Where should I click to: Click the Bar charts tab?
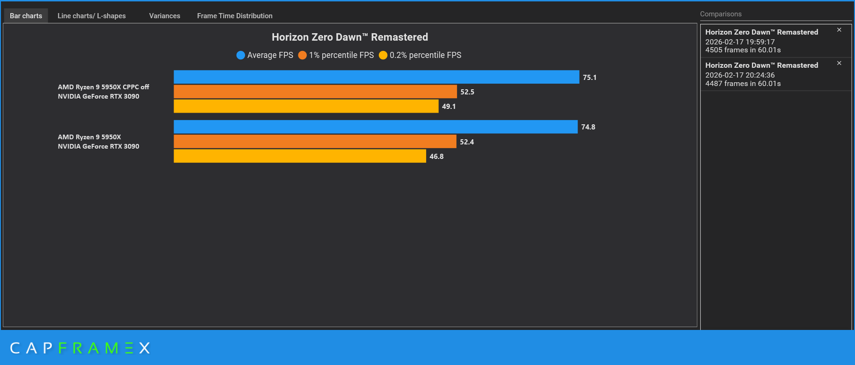pos(26,16)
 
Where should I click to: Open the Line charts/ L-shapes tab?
pos(92,16)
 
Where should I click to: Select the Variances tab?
pos(165,16)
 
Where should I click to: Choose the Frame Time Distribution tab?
pos(235,16)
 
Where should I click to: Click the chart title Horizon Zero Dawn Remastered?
pos(350,37)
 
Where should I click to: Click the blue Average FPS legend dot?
pos(241,55)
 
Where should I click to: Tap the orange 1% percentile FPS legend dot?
pos(303,55)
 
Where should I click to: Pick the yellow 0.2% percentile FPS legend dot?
pos(383,55)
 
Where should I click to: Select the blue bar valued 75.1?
pos(377,77)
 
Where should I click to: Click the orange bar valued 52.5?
pos(315,92)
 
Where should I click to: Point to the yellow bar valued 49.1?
pos(306,106)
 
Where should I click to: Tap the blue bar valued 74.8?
pos(376,127)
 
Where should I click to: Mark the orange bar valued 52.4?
pos(315,142)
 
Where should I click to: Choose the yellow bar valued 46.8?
pos(300,156)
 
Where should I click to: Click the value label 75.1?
pos(589,78)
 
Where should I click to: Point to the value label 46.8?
pos(436,157)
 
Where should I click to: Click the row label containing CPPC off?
pos(103,92)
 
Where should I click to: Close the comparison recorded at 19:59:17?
pos(839,30)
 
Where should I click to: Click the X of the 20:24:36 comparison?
pos(839,63)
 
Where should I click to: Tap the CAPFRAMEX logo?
pos(80,348)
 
